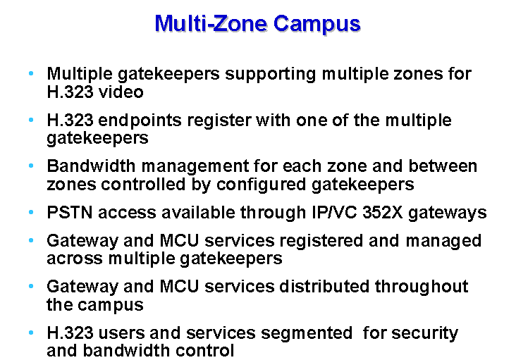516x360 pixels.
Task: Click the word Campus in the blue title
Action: pyautogui.click(x=317, y=25)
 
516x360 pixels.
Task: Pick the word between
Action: pyautogui.click(x=443, y=166)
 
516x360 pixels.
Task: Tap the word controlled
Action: pyautogui.click(x=143, y=184)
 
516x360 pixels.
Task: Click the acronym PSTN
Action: pyautogui.click(x=70, y=212)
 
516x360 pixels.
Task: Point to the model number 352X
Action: pyautogui.click(x=382, y=212)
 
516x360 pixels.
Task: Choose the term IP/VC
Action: pyautogui.click(x=334, y=212)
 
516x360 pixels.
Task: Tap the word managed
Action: pyautogui.click(x=443, y=242)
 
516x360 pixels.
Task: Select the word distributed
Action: pyautogui.click(x=324, y=286)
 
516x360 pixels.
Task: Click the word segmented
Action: pyautogui.click(x=307, y=334)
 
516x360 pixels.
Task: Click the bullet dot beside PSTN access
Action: pyautogui.click(x=31, y=212)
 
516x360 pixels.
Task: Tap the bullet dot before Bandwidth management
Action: pyautogui.click(x=31, y=166)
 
